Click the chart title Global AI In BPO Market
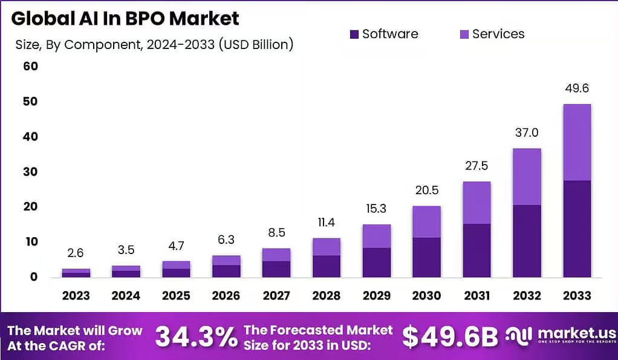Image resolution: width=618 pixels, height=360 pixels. (x=125, y=18)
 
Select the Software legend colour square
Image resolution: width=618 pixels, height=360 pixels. (x=354, y=34)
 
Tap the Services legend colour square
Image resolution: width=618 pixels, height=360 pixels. (x=464, y=34)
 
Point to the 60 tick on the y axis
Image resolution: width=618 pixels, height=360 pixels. (x=30, y=66)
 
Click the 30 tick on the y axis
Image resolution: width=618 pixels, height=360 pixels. (x=30, y=172)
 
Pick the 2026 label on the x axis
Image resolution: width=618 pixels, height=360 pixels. (x=226, y=295)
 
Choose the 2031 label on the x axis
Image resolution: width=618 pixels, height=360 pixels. (x=477, y=295)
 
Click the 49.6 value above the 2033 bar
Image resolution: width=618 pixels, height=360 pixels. (x=576, y=88)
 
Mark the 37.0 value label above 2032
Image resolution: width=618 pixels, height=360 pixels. (x=526, y=133)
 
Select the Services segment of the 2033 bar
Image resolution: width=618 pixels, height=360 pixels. (x=576, y=142)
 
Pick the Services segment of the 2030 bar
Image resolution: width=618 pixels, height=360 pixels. (x=426, y=221)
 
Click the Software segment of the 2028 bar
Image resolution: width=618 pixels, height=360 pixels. (x=326, y=266)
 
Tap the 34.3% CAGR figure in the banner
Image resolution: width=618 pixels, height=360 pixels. (x=196, y=337)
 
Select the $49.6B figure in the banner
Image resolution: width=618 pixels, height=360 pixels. (x=450, y=337)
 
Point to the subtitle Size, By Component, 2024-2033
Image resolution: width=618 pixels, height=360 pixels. (x=154, y=44)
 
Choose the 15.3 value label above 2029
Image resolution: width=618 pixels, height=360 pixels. (x=376, y=209)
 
